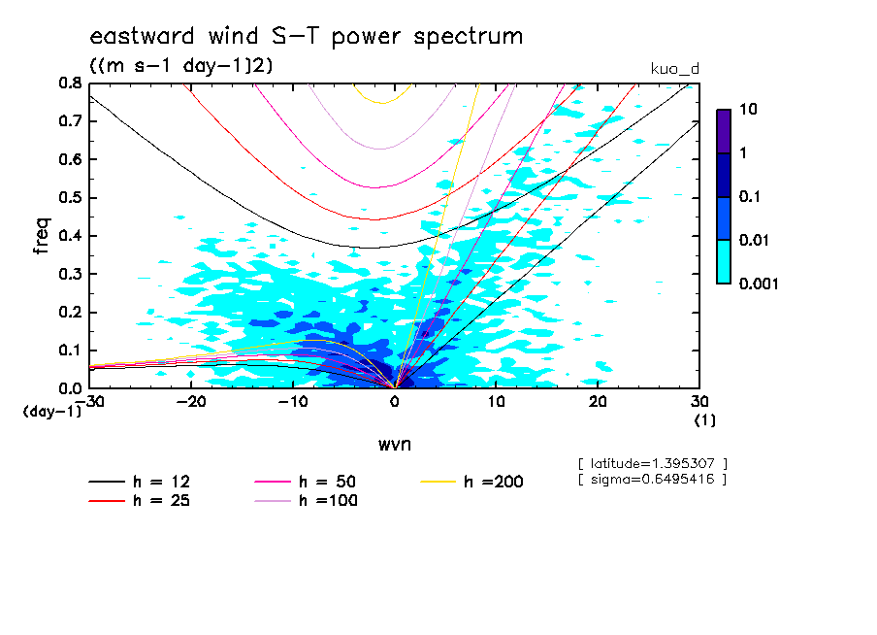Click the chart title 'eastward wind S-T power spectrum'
point(306,37)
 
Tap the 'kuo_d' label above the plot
point(674,68)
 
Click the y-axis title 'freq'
point(42,236)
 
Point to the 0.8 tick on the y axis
point(70,84)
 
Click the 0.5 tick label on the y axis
point(70,198)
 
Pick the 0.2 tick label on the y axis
point(70,312)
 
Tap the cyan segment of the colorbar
point(724,261)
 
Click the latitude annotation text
point(651,464)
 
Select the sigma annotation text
point(651,479)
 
